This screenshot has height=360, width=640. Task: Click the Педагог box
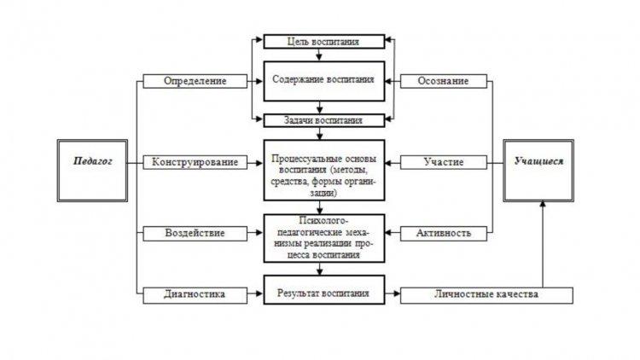[x=92, y=171]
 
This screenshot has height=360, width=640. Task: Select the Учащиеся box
[x=538, y=171]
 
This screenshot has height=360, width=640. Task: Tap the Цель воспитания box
[x=324, y=42]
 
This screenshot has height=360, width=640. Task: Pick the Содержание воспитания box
[x=324, y=81]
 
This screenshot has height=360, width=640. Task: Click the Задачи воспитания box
[x=324, y=120]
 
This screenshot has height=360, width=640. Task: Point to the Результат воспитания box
[x=324, y=290]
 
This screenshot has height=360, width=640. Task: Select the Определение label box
[x=195, y=81]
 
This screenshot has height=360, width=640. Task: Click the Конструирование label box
[x=195, y=162]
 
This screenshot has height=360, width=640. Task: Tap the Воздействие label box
[x=195, y=234]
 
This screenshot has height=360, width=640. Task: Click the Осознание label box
[x=444, y=81]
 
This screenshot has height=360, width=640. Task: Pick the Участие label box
[x=444, y=162]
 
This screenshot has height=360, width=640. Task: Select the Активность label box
[x=444, y=234]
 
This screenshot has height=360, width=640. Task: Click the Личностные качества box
[x=486, y=295]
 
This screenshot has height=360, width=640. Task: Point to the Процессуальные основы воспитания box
[x=324, y=171]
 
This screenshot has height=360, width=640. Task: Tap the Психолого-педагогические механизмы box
[x=324, y=238]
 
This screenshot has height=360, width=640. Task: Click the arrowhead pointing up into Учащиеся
[x=543, y=204]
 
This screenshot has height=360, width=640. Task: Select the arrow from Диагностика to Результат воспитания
[x=255, y=293]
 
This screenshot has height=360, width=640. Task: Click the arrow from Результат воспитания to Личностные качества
[x=393, y=293]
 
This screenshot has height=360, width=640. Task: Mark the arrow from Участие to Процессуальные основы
[x=393, y=163]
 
